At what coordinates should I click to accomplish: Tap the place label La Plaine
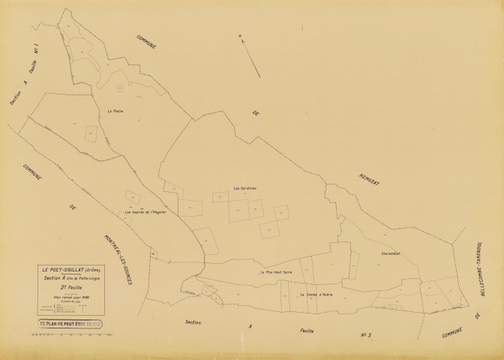click(x=115, y=111)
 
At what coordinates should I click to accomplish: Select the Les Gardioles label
click(x=245, y=187)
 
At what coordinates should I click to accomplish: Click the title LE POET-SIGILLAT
click(x=64, y=270)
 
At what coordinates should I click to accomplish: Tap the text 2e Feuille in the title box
click(x=72, y=286)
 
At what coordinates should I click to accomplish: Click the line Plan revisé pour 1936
click(x=72, y=295)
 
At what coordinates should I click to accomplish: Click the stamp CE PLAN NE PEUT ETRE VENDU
click(x=71, y=325)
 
